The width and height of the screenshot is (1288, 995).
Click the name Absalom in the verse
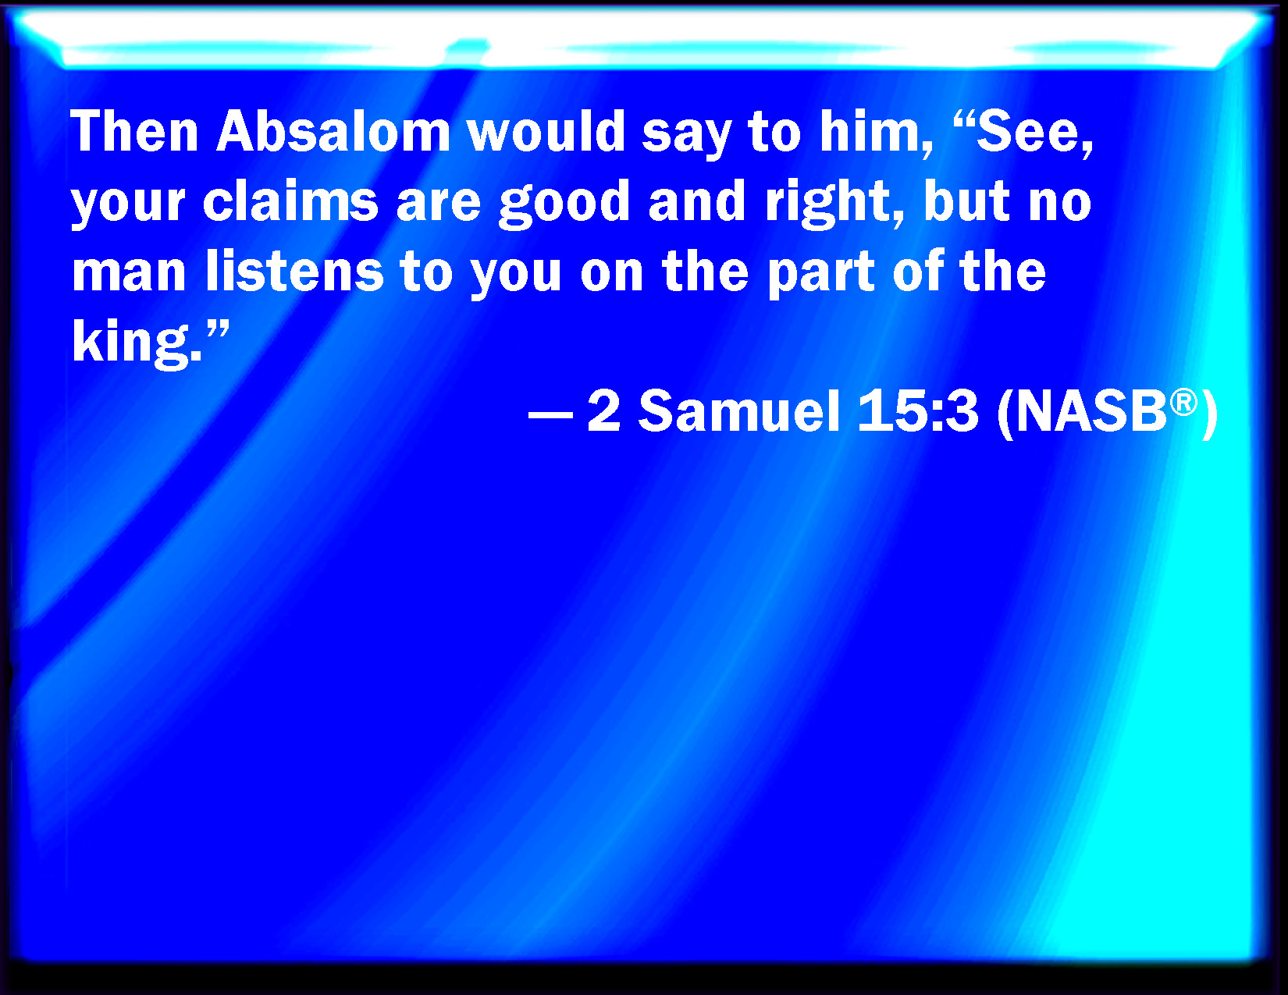pyautogui.click(x=333, y=131)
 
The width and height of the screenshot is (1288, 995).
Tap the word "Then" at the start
pyautogui.click(x=134, y=131)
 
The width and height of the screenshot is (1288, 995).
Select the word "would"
pyautogui.click(x=546, y=131)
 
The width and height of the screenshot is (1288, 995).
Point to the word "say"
pyautogui.click(x=687, y=137)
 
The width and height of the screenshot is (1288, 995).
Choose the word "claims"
pyautogui.click(x=290, y=201)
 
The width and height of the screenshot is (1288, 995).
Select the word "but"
pyautogui.click(x=967, y=201)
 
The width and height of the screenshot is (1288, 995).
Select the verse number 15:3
pyautogui.click(x=917, y=411)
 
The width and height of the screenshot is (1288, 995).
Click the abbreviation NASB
pyautogui.click(x=1091, y=411)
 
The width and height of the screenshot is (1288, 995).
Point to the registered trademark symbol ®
pyautogui.click(x=1183, y=403)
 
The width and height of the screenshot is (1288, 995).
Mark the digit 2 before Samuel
pyautogui.click(x=603, y=411)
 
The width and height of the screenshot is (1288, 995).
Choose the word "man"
pyautogui.click(x=129, y=275)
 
